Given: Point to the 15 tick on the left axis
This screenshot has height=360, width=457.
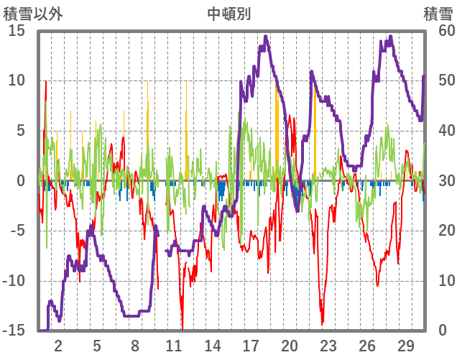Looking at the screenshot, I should point(17,30).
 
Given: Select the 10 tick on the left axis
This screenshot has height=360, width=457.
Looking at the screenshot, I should point(17,80).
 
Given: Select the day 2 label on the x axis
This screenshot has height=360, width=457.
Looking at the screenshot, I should point(58,345).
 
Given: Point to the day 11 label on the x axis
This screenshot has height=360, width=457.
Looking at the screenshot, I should point(174,345).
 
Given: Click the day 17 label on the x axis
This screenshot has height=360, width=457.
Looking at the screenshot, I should point(251,345).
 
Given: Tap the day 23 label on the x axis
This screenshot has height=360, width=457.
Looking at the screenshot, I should point(328,345).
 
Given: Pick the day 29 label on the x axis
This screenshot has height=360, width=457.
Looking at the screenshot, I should point(405,345).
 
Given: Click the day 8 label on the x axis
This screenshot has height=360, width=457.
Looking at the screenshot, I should point(135,345).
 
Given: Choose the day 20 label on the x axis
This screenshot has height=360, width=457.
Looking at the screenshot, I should point(290,345).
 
